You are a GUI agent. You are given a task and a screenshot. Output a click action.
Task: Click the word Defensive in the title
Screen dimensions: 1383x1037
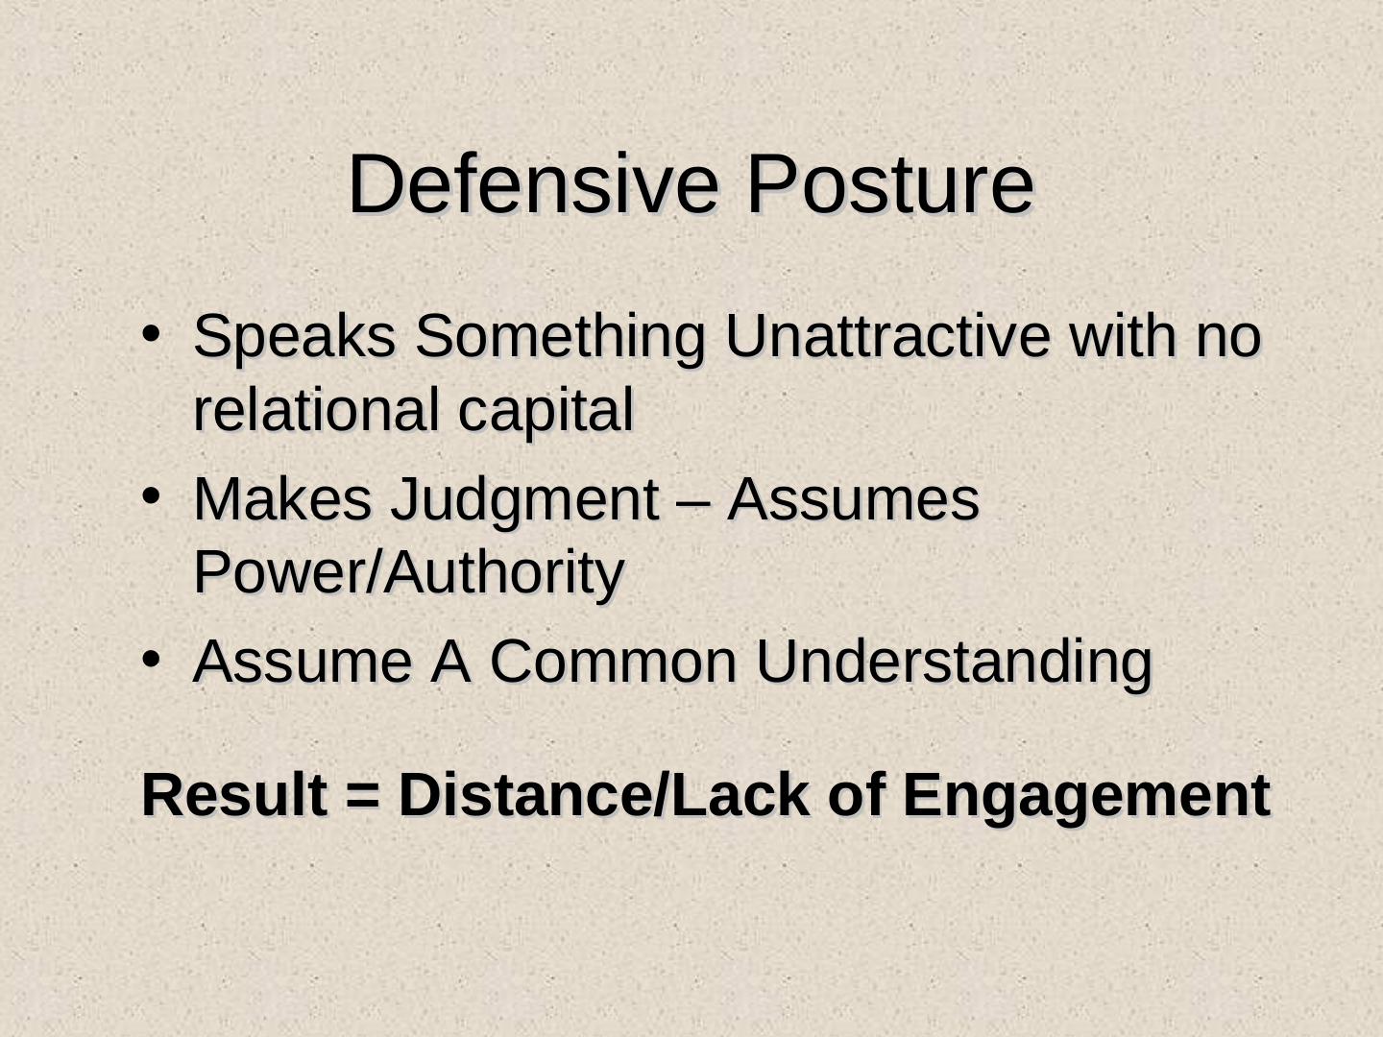point(533,183)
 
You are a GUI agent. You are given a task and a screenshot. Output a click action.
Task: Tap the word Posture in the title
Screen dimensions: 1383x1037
point(890,183)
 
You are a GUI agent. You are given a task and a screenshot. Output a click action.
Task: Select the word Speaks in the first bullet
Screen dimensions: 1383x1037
point(295,337)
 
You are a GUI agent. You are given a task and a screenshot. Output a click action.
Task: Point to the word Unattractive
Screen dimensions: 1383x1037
point(887,336)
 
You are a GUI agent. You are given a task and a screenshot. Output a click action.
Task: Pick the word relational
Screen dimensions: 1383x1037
point(316,410)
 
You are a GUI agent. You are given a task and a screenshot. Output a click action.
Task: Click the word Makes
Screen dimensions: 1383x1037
point(282,499)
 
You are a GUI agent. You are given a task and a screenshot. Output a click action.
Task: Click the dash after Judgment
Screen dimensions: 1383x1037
point(693,504)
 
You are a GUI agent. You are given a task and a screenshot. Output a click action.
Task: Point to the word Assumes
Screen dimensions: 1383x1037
point(853,499)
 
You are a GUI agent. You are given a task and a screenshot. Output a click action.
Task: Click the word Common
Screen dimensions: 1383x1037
point(613,663)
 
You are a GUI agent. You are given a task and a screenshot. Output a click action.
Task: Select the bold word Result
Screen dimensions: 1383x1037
point(235,795)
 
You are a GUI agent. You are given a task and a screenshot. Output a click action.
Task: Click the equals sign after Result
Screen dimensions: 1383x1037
point(363,798)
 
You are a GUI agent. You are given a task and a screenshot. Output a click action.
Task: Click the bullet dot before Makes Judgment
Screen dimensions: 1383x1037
point(151,497)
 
